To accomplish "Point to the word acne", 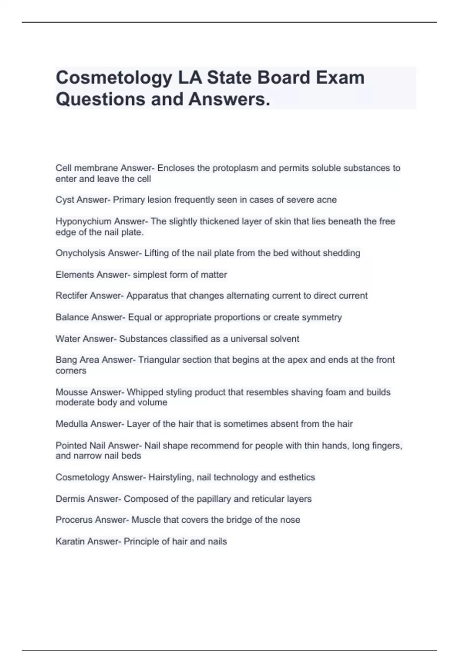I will (x=327, y=200).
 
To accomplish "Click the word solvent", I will (x=285, y=339).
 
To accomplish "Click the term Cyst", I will (x=63, y=200).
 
